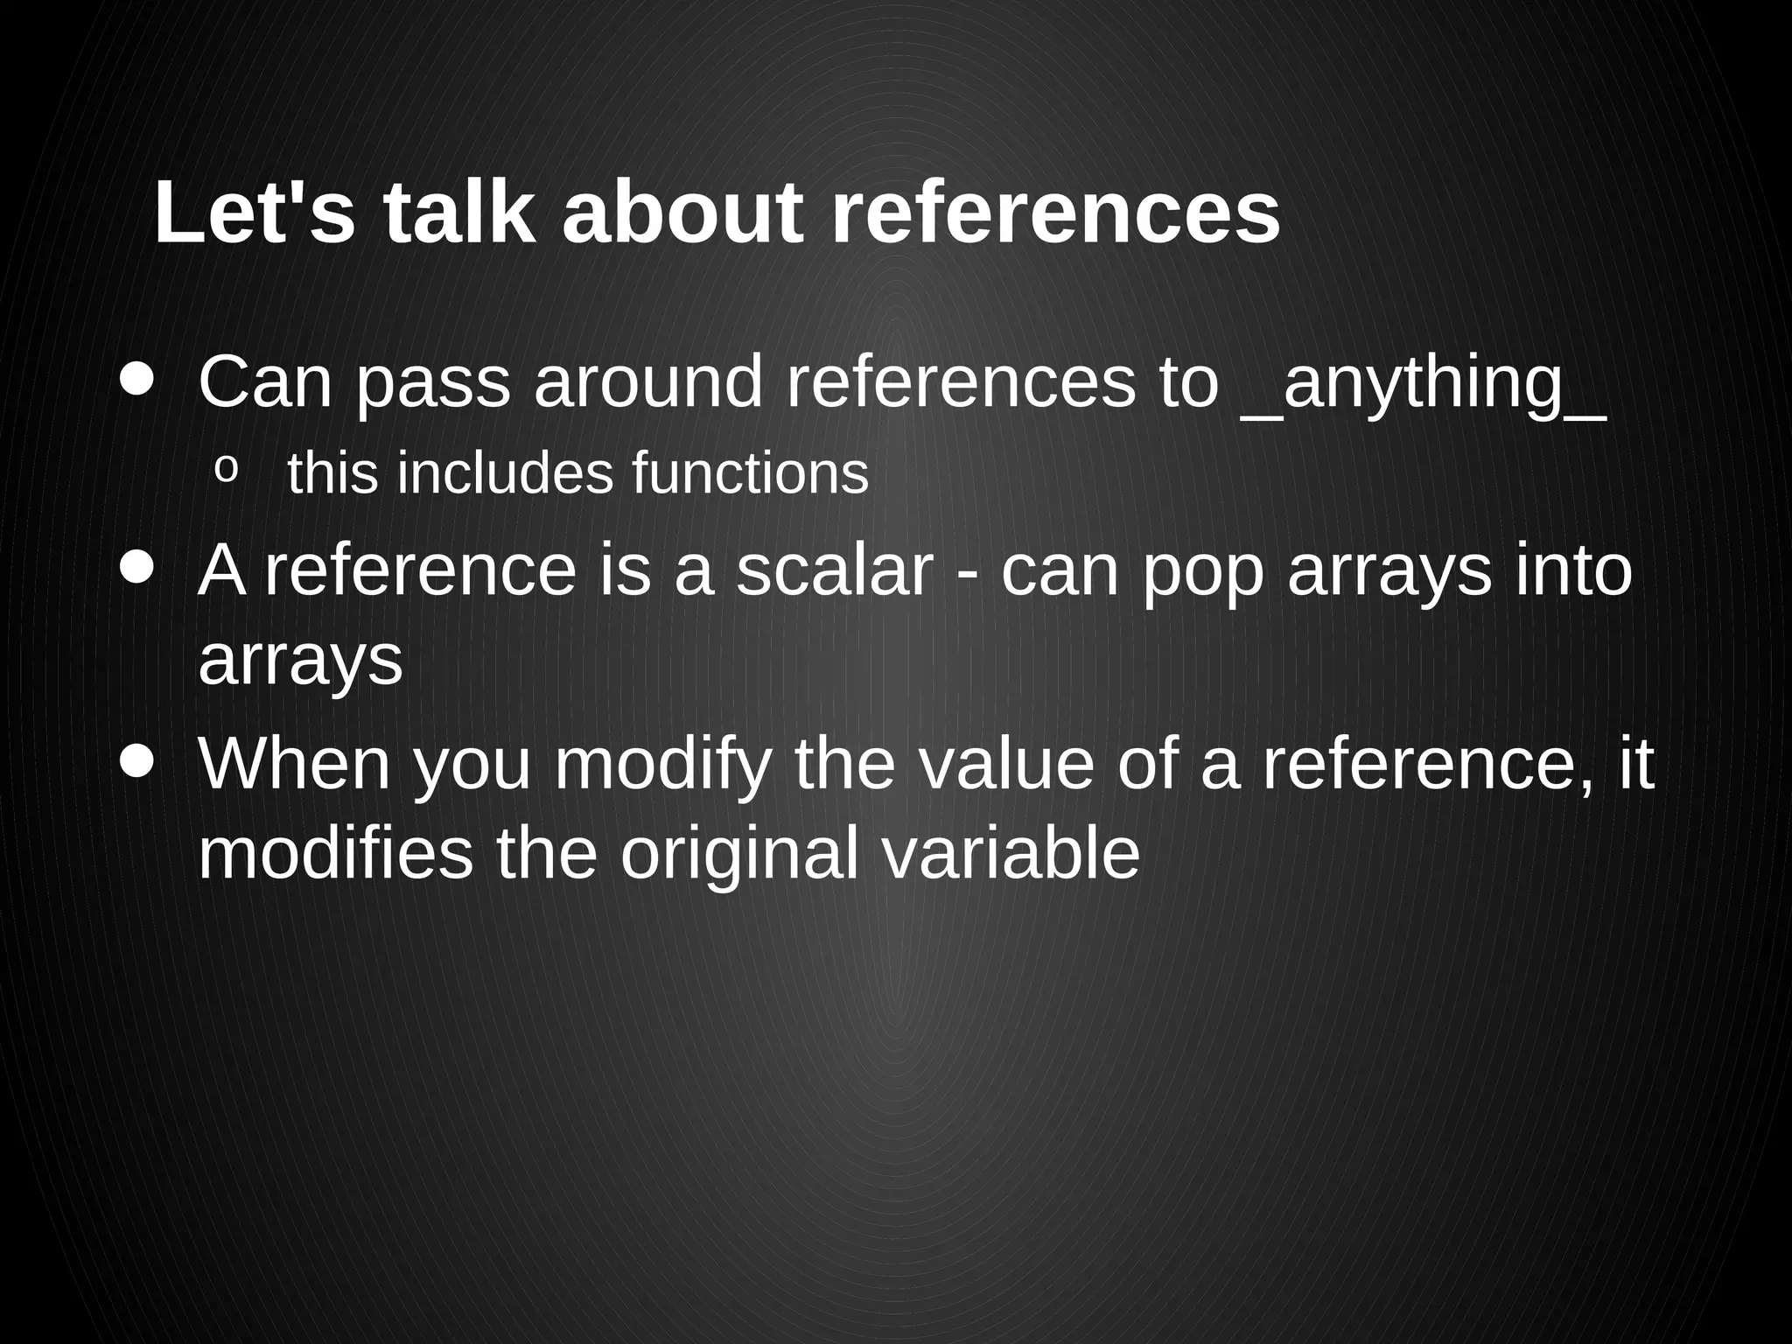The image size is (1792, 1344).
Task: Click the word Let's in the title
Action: (x=255, y=213)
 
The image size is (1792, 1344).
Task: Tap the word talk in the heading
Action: (x=458, y=213)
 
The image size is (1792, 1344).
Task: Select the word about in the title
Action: (x=682, y=213)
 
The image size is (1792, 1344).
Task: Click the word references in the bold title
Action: (x=1055, y=213)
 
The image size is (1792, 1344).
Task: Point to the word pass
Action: (x=433, y=385)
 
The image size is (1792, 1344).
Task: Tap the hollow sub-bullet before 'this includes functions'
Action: (x=226, y=470)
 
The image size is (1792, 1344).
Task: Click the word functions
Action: (x=750, y=473)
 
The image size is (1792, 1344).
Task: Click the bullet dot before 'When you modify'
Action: (x=137, y=760)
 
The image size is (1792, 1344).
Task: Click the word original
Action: (x=739, y=857)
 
